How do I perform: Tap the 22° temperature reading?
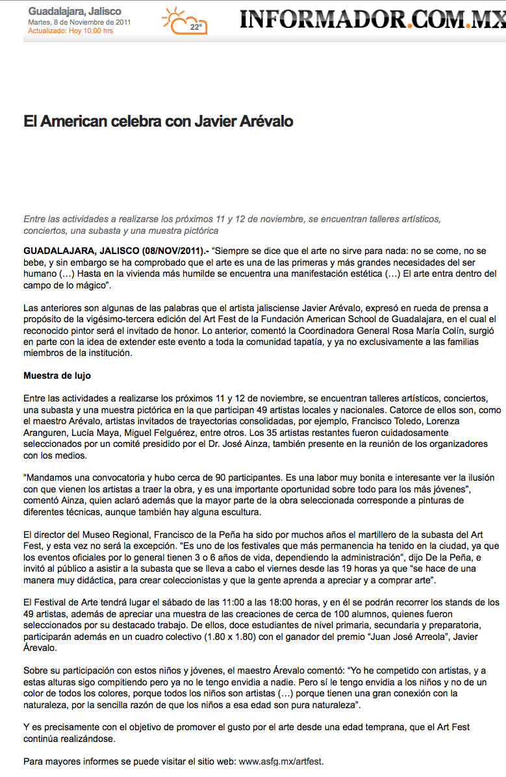point(195,27)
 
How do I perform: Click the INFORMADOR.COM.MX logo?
point(372,19)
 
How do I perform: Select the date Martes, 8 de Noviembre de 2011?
point(79,22)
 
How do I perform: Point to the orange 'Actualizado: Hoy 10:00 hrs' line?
point(70,31)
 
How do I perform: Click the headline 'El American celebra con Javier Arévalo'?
point(158,121)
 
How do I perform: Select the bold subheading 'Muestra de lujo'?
point(57,375)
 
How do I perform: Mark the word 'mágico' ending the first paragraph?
point(90,285)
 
